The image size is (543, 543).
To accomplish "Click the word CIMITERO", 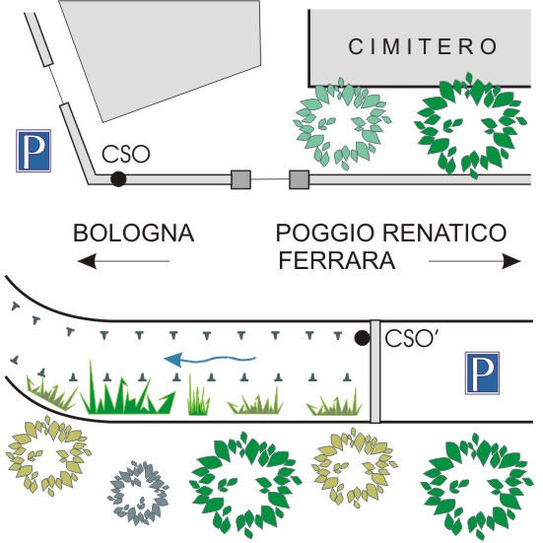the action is click(423, 46).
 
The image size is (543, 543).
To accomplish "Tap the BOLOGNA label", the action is click(133, 233).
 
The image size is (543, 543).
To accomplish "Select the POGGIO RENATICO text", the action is click(391, 233).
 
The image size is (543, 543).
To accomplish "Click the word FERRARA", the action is click(337, 260).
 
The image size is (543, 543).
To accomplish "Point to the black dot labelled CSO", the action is click(118, 179).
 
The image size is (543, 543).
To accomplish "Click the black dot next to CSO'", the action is click(363, 338).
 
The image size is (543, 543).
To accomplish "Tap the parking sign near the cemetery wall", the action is click(34, 151).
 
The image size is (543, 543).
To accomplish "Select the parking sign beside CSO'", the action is click(482, 373).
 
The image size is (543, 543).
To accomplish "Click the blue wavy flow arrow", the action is click(210, 360).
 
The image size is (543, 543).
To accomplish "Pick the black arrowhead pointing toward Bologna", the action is click(87, 261).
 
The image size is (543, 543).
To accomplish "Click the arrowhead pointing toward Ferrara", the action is click(511, 261).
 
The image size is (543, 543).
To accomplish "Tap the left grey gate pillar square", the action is click(240, 179).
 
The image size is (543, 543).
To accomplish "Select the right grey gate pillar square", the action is click(300, 179).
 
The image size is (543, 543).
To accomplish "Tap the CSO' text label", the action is click(410, 338).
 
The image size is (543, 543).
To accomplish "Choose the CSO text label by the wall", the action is click(126, 154).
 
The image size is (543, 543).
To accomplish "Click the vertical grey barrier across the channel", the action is click(375, 372).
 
